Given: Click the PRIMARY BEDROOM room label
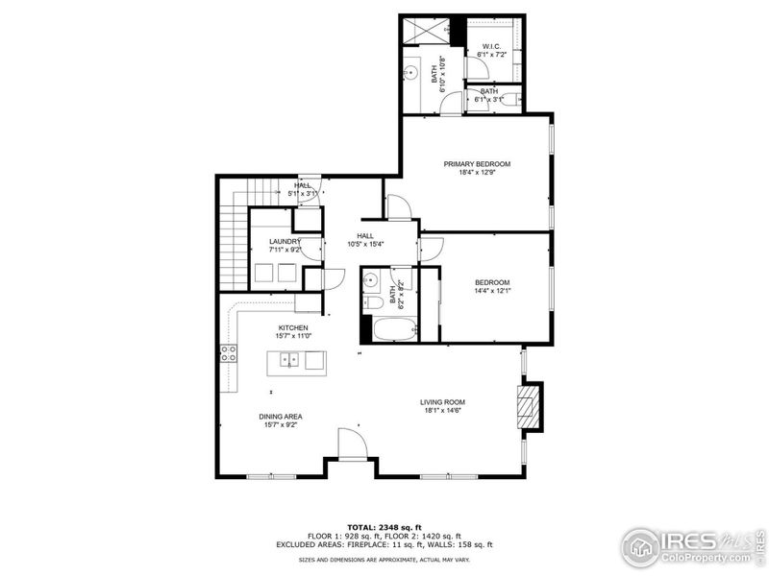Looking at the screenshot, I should click(477, 164).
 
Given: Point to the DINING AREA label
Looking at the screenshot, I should click(281, 416).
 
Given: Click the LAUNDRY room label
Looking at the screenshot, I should click(285, 241).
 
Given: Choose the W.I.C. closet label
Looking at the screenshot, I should click(490, 45).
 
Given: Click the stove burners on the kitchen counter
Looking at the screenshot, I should click(230, 354).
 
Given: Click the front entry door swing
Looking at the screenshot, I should click(352, 444).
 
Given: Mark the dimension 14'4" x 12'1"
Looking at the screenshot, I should click(492, 291).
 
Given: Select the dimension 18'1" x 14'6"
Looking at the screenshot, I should click(443, 411).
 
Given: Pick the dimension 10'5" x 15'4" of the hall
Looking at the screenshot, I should click(366, 244).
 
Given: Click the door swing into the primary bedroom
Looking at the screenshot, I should click(398, 207).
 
